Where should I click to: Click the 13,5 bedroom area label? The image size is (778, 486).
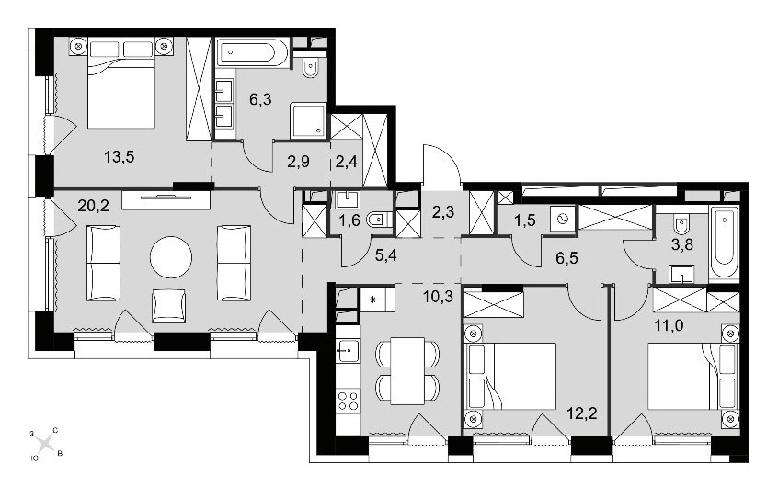[119, 157]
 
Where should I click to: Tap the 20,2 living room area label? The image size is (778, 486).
[93, 205]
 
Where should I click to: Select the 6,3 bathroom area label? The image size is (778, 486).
[260, 99]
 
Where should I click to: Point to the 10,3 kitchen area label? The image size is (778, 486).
[438, 297]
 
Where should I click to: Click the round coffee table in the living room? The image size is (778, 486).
[171, 257]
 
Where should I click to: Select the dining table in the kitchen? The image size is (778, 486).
[407, 370]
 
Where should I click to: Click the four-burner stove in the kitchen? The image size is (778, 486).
[348, 401]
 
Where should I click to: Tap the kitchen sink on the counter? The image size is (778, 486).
[348, 351]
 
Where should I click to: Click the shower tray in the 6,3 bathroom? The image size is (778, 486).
[308, 120]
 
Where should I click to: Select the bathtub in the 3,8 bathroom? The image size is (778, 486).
[724, 243]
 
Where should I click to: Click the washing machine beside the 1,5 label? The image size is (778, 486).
[563, 220]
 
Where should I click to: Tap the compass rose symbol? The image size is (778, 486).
[46, 442]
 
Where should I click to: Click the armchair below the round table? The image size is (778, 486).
[168, 306]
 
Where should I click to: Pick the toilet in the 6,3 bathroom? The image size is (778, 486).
[311, 68]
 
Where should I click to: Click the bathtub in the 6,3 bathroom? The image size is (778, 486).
[253, 52]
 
